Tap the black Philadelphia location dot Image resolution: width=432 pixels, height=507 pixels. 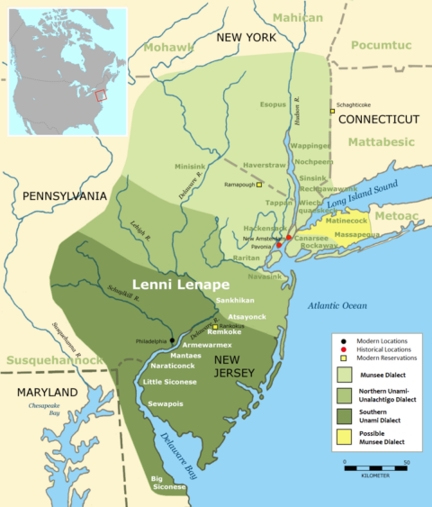(x=173, y=341)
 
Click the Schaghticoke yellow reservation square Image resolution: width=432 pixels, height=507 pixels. (x=330, y=112)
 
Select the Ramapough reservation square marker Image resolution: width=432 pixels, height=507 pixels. (x=259, y=185)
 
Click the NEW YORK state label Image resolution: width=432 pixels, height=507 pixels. (x=244, y=37)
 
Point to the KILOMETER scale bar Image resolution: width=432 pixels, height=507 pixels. (x=375, y=468)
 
